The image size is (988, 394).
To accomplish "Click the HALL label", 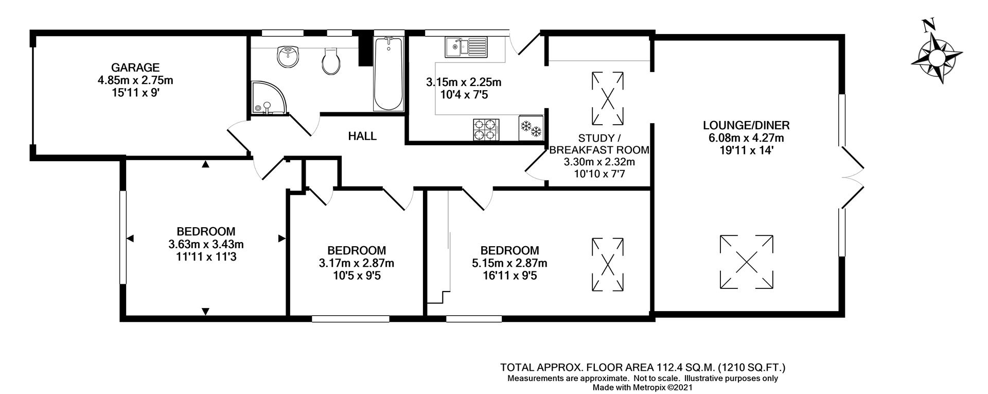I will (x=362, y=136).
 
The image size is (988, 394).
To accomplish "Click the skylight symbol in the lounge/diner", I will (x=746, y=262).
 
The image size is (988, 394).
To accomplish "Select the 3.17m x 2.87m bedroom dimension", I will (x=357, y=263).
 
